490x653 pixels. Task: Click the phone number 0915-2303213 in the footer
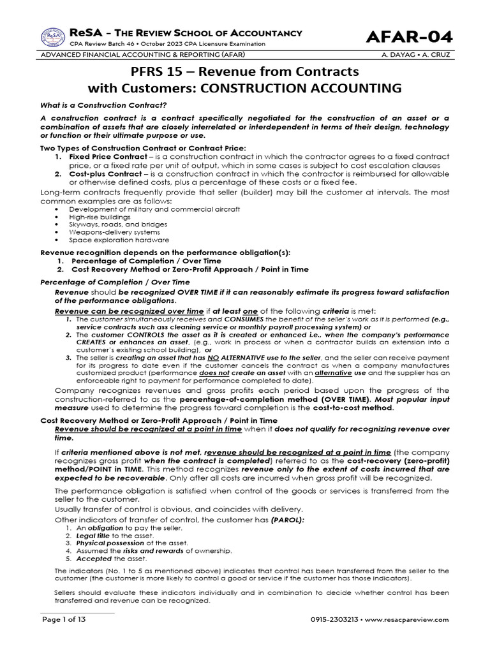click(x=337, y=619)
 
